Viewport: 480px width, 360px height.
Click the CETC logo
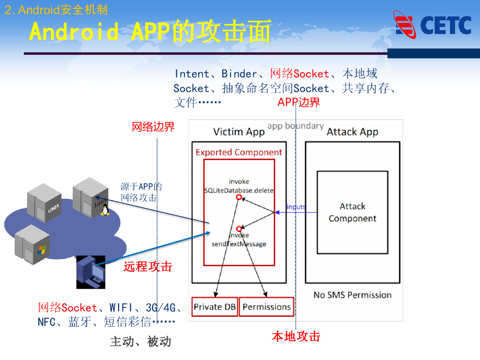pyautogui.click(x=432, y=25)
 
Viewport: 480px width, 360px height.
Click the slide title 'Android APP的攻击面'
pyautogui.click(x=150, y=32)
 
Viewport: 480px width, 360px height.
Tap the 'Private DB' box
pyautogui.click(x=215, y=307)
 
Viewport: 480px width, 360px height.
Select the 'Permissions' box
pyautogui.click(x=267, y=307)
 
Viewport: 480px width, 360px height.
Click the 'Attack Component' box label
pyautogui.click(x=352, y=212)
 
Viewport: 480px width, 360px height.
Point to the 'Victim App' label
pyautogui.click(x=239, y=132)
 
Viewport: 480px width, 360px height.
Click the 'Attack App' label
pyautogui.click(x=352, y=132)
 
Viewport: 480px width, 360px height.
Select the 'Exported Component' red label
pyautogui.click(x=239, y=152)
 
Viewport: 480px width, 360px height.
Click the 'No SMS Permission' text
pyautogui.click(x=352, y=295)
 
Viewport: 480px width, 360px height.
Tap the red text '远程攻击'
pyautogui.click(x=148, y=267)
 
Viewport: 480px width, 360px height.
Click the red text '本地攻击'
pyautogui.click(x=296, y=336)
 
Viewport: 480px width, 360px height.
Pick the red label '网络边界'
pyautogui.click(x=153, y=127)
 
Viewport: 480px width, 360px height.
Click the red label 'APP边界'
pyautogui.click(x=299, y=102)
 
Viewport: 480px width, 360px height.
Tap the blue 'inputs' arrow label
pyautogui.click(x=296, y=207)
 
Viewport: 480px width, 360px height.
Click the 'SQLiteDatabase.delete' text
pyautogui.click(x=239, y=190)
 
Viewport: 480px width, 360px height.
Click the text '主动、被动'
pyautogui.click(x=141, y=342)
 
